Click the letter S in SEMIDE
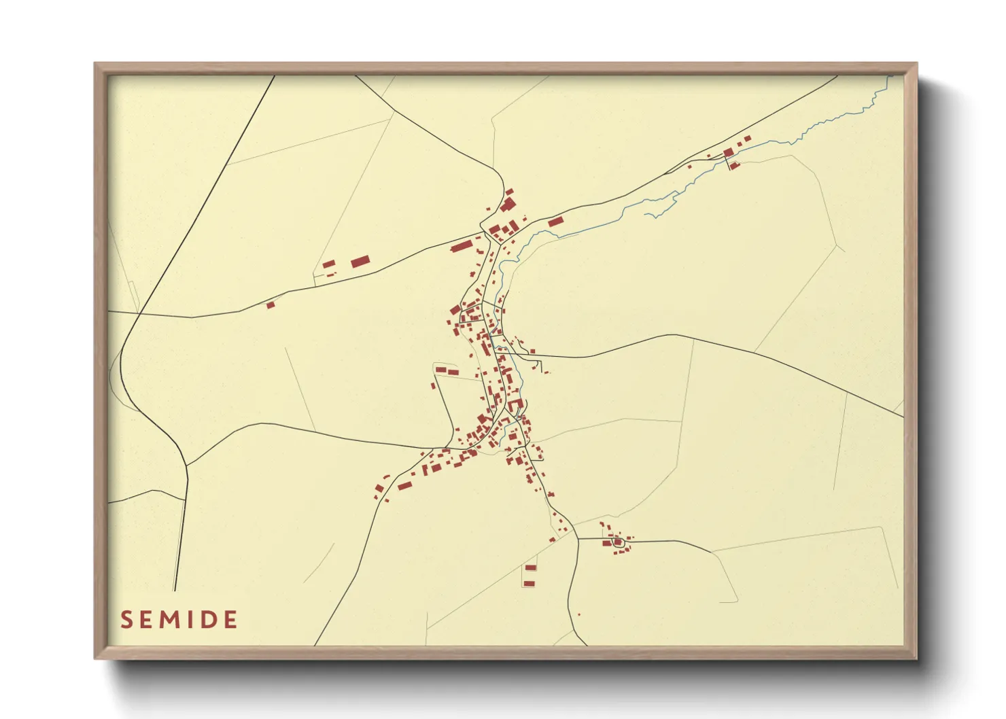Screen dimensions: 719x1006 tap(126, 620)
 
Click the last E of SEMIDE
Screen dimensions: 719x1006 tap(230, 620)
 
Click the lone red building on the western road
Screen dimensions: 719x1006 tap(270, 305)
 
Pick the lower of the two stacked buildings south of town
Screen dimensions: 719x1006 tap(530, 584)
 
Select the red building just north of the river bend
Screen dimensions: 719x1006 tap(555, 222)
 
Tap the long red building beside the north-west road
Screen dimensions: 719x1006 tap(462, 245)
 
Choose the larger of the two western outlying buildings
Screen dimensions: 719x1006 tap(360, 262)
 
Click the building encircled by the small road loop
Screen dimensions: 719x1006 tap(617, 542)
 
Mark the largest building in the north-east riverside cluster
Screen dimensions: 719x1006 tap(728, 152)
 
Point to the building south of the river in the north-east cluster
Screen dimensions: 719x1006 tap(733, 164)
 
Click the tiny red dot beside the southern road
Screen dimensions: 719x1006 tap(578, 615)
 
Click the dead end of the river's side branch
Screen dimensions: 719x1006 tap(646, 215)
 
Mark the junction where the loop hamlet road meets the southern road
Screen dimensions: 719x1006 tap(577, 539)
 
